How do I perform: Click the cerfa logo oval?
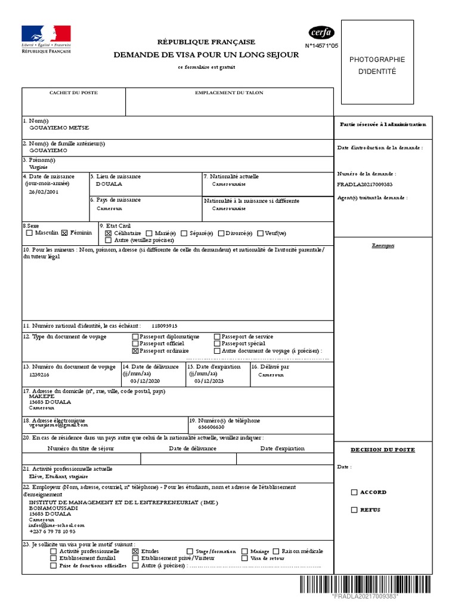321,33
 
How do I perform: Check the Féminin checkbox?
65,233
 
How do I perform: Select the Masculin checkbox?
30,233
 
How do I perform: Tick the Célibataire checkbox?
109,233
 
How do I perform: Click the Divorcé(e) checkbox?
221,233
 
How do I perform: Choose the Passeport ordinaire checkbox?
135,351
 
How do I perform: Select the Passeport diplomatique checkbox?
135,337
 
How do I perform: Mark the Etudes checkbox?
135,551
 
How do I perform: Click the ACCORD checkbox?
354,492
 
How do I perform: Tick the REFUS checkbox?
354,510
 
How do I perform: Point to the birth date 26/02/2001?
44,193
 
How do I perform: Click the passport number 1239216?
39,375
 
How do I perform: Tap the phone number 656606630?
211,427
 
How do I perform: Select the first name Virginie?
39,168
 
